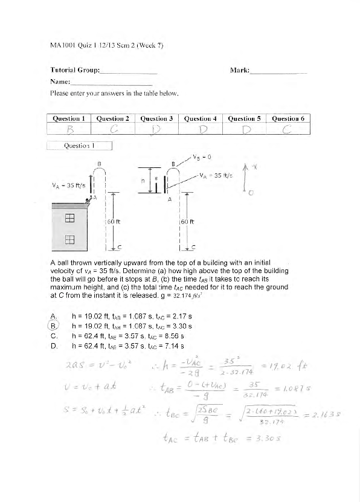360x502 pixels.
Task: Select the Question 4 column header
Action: [x=201, y=118]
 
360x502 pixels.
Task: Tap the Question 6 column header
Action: [x=288, y=118]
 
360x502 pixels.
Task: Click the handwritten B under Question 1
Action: [x=70, y=129]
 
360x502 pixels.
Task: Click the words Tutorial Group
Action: [x=76, y=71]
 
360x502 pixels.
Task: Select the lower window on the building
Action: [x=69, y=240]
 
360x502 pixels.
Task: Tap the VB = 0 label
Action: [x=201, y=158]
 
